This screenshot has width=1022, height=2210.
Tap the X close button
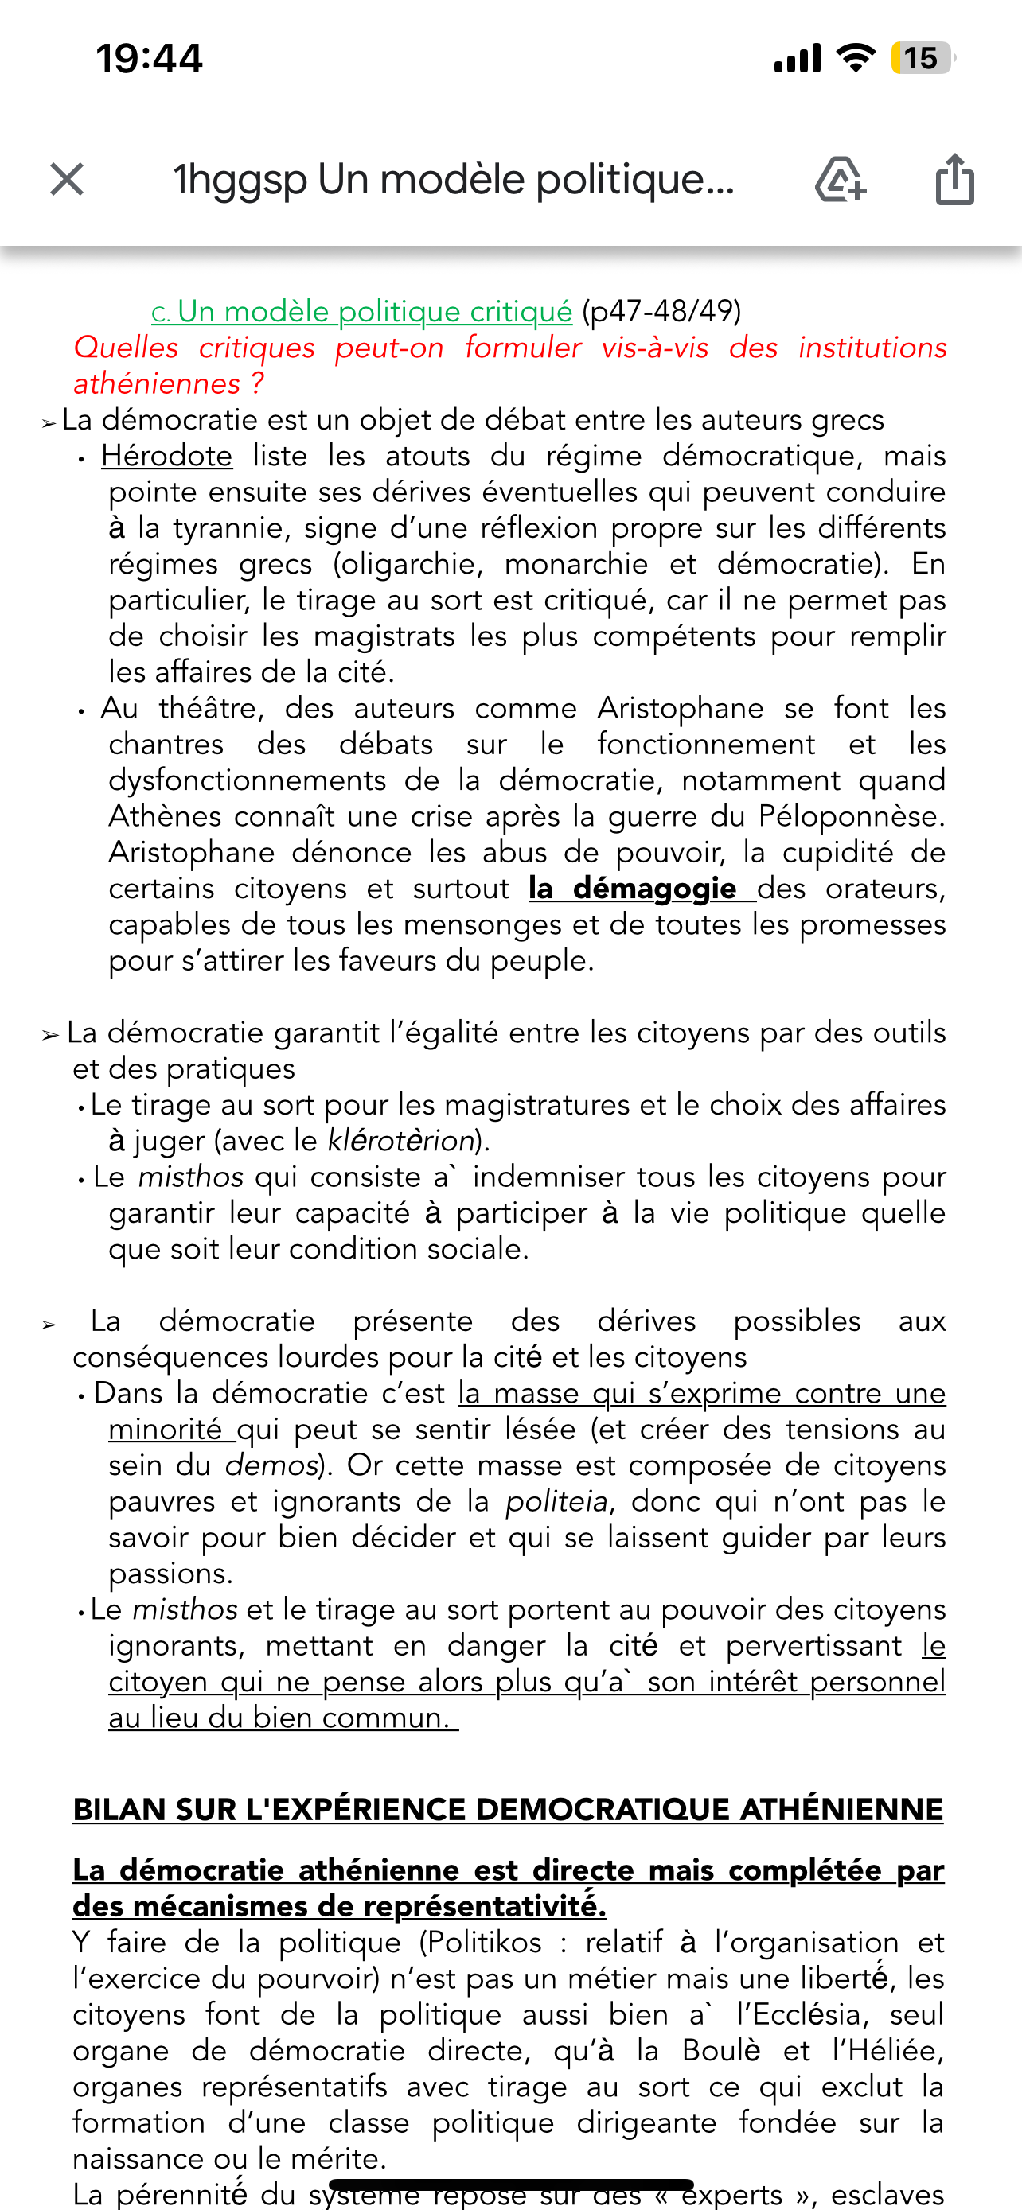(67, 180)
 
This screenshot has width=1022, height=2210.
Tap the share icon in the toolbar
(954, 179)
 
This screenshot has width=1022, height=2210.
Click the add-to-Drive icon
(840, 179)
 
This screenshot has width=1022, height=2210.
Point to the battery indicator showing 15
(922, 58)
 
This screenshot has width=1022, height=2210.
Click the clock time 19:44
(150, 58)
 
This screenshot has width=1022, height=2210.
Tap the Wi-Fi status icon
(856, 58)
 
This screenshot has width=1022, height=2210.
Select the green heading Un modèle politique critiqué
(374, 311)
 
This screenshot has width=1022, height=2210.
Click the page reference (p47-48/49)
(661, 311)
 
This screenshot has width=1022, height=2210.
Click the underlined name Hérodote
(166, 456)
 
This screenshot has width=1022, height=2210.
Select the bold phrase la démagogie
(633, 888)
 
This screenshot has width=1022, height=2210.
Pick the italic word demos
(271, 1465)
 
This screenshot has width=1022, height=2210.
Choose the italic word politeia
(556, 1501)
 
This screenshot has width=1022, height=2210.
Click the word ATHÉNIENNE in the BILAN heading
(841, 1809)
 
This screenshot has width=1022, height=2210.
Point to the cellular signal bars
(798, 58)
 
